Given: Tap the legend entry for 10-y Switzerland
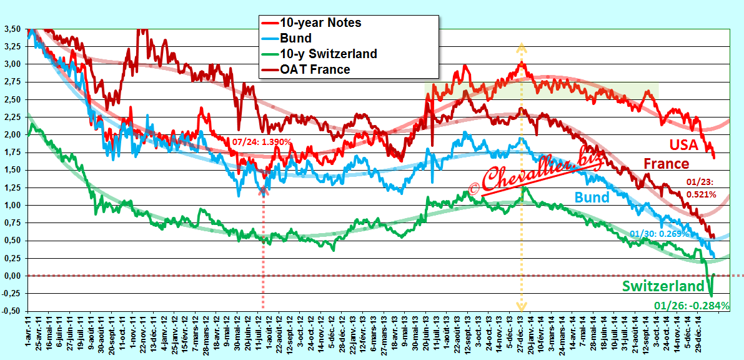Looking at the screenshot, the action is click(x=319, y=54).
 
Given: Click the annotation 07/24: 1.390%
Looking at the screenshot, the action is click(x=262, y=141).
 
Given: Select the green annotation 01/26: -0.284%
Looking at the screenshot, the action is click(x=697, y=306).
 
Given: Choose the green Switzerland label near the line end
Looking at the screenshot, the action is click(x=663, y=286).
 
